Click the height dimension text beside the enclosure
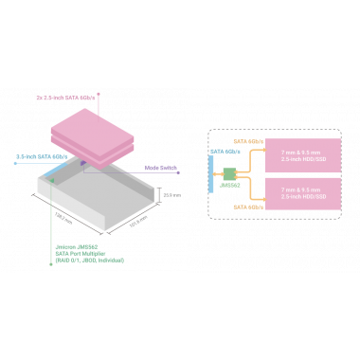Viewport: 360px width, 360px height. coord(171,194)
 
